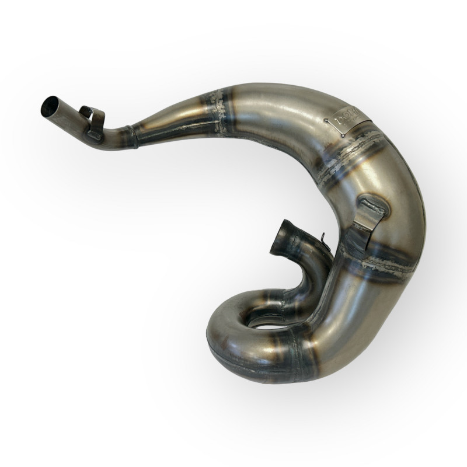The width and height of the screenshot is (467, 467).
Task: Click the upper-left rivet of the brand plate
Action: (x=325, y=119)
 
